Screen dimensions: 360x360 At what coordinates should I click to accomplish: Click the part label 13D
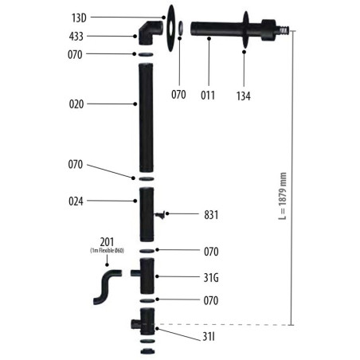point(79,18)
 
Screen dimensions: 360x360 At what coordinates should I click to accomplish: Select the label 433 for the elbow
point(76,37)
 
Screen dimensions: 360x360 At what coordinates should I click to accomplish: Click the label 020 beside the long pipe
point(76,104)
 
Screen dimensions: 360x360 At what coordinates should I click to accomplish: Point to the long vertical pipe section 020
point(146,118)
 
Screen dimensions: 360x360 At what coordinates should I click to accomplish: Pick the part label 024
point(76,202)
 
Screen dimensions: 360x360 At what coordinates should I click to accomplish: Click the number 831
point(211,215)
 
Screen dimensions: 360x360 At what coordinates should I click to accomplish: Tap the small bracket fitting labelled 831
point(160,214)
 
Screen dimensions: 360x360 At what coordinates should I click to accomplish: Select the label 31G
point(211,278)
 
